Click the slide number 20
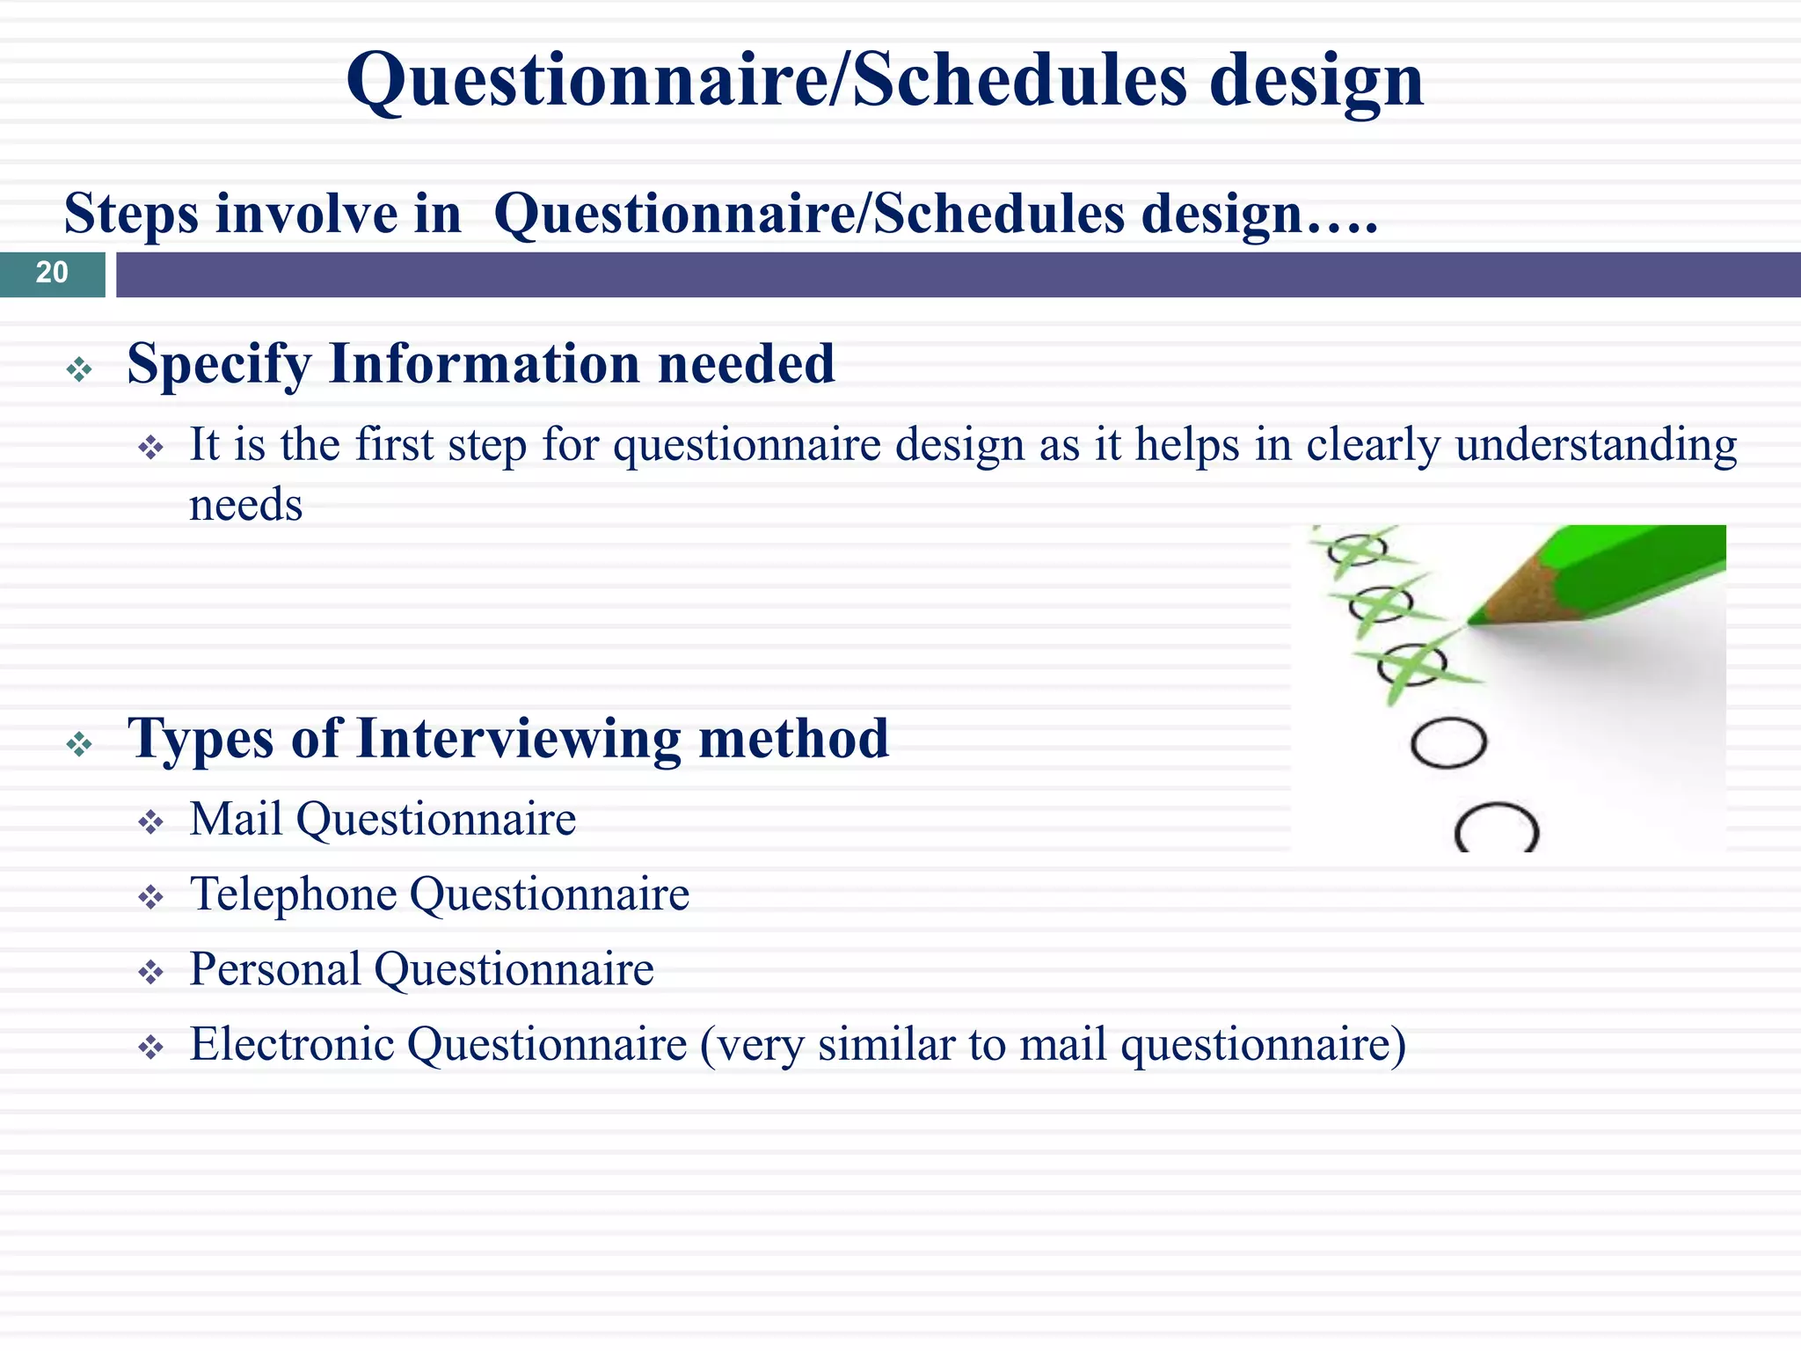point(52,273)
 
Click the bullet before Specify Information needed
point(79,369)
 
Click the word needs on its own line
point(246,506)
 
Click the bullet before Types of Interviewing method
point(79,745)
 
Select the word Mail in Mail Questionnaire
point(237,820)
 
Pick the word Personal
point(275,970)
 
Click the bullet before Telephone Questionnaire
point(151,898)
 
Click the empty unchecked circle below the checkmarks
point(1448,743)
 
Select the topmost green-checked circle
point(1357,550)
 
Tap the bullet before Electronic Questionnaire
point(151,1048)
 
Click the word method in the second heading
point(793,739)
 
